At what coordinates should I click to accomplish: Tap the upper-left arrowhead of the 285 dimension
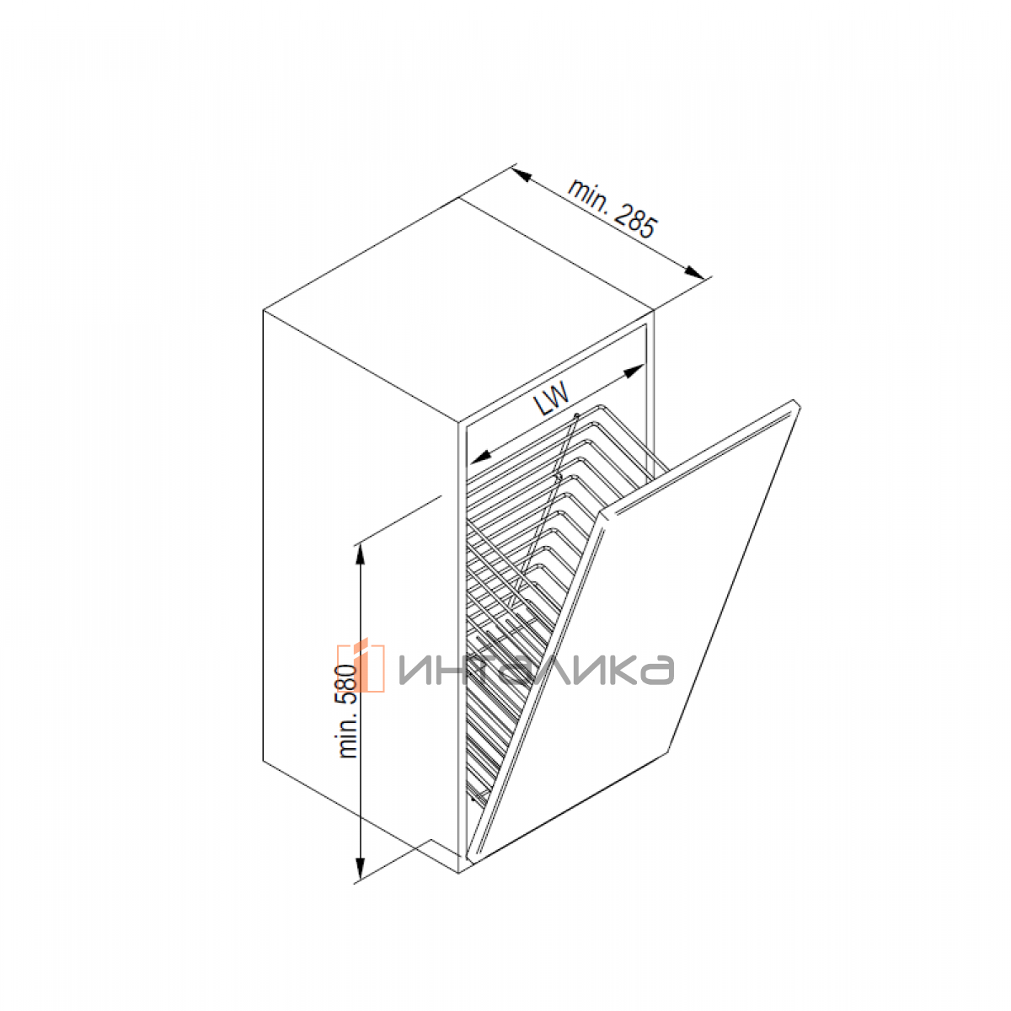[x=523, y=175]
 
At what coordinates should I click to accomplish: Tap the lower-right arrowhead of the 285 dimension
[x=694, y=272]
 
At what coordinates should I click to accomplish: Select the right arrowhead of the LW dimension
[x=634, y=371]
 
